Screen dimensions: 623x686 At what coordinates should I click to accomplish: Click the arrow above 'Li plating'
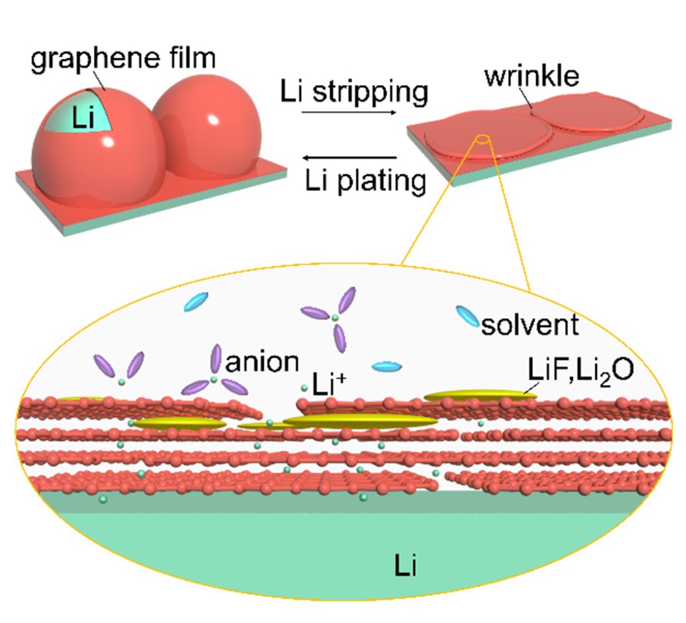point(350,157)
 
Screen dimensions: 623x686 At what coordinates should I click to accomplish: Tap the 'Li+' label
point(326,382)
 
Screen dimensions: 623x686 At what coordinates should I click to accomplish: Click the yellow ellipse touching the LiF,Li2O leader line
point(480,396)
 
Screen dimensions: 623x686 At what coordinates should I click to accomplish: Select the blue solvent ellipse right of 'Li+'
point(387,366)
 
